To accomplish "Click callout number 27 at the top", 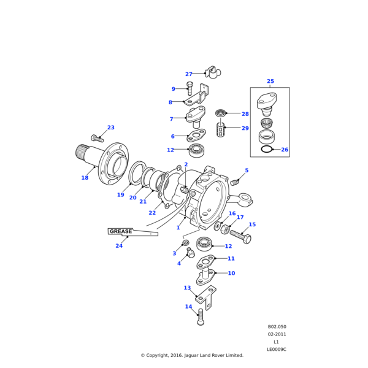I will (189, 74).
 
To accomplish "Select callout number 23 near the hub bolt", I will (111, 128).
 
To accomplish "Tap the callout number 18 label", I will (85, 178).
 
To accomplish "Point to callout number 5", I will (247, 171).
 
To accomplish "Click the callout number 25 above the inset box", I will (270, 81).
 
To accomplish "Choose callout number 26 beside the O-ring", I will (284, 150).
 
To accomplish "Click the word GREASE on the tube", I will (121, 232).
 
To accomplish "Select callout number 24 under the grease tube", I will (119, 246).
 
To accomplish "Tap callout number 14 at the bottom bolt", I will (188, 307).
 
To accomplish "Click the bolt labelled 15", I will (240, 237).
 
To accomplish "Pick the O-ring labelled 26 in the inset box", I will (267, 149).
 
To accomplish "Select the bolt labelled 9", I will (190, 88).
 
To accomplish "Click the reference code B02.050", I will (277, 327).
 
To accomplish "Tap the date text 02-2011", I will (277, 334).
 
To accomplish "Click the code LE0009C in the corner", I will (277, 349).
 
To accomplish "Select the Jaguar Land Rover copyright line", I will (192, 355).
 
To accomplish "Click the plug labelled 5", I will (234, 182).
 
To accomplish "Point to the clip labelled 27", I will (213, 72).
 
